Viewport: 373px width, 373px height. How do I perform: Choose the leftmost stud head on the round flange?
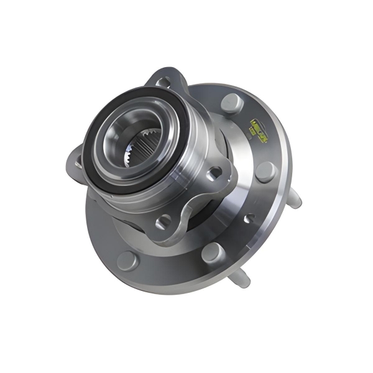tap(128, 259)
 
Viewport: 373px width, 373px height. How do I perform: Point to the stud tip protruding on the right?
tap(296, 199)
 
